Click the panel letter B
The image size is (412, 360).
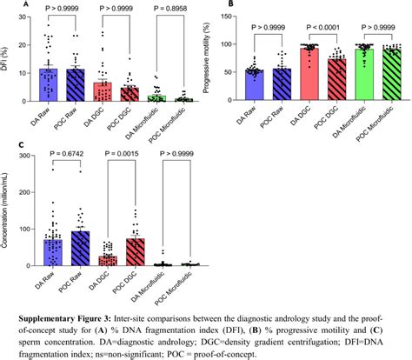tap(228, 4)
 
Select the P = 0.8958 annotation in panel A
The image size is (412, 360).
tap(171, 8)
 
